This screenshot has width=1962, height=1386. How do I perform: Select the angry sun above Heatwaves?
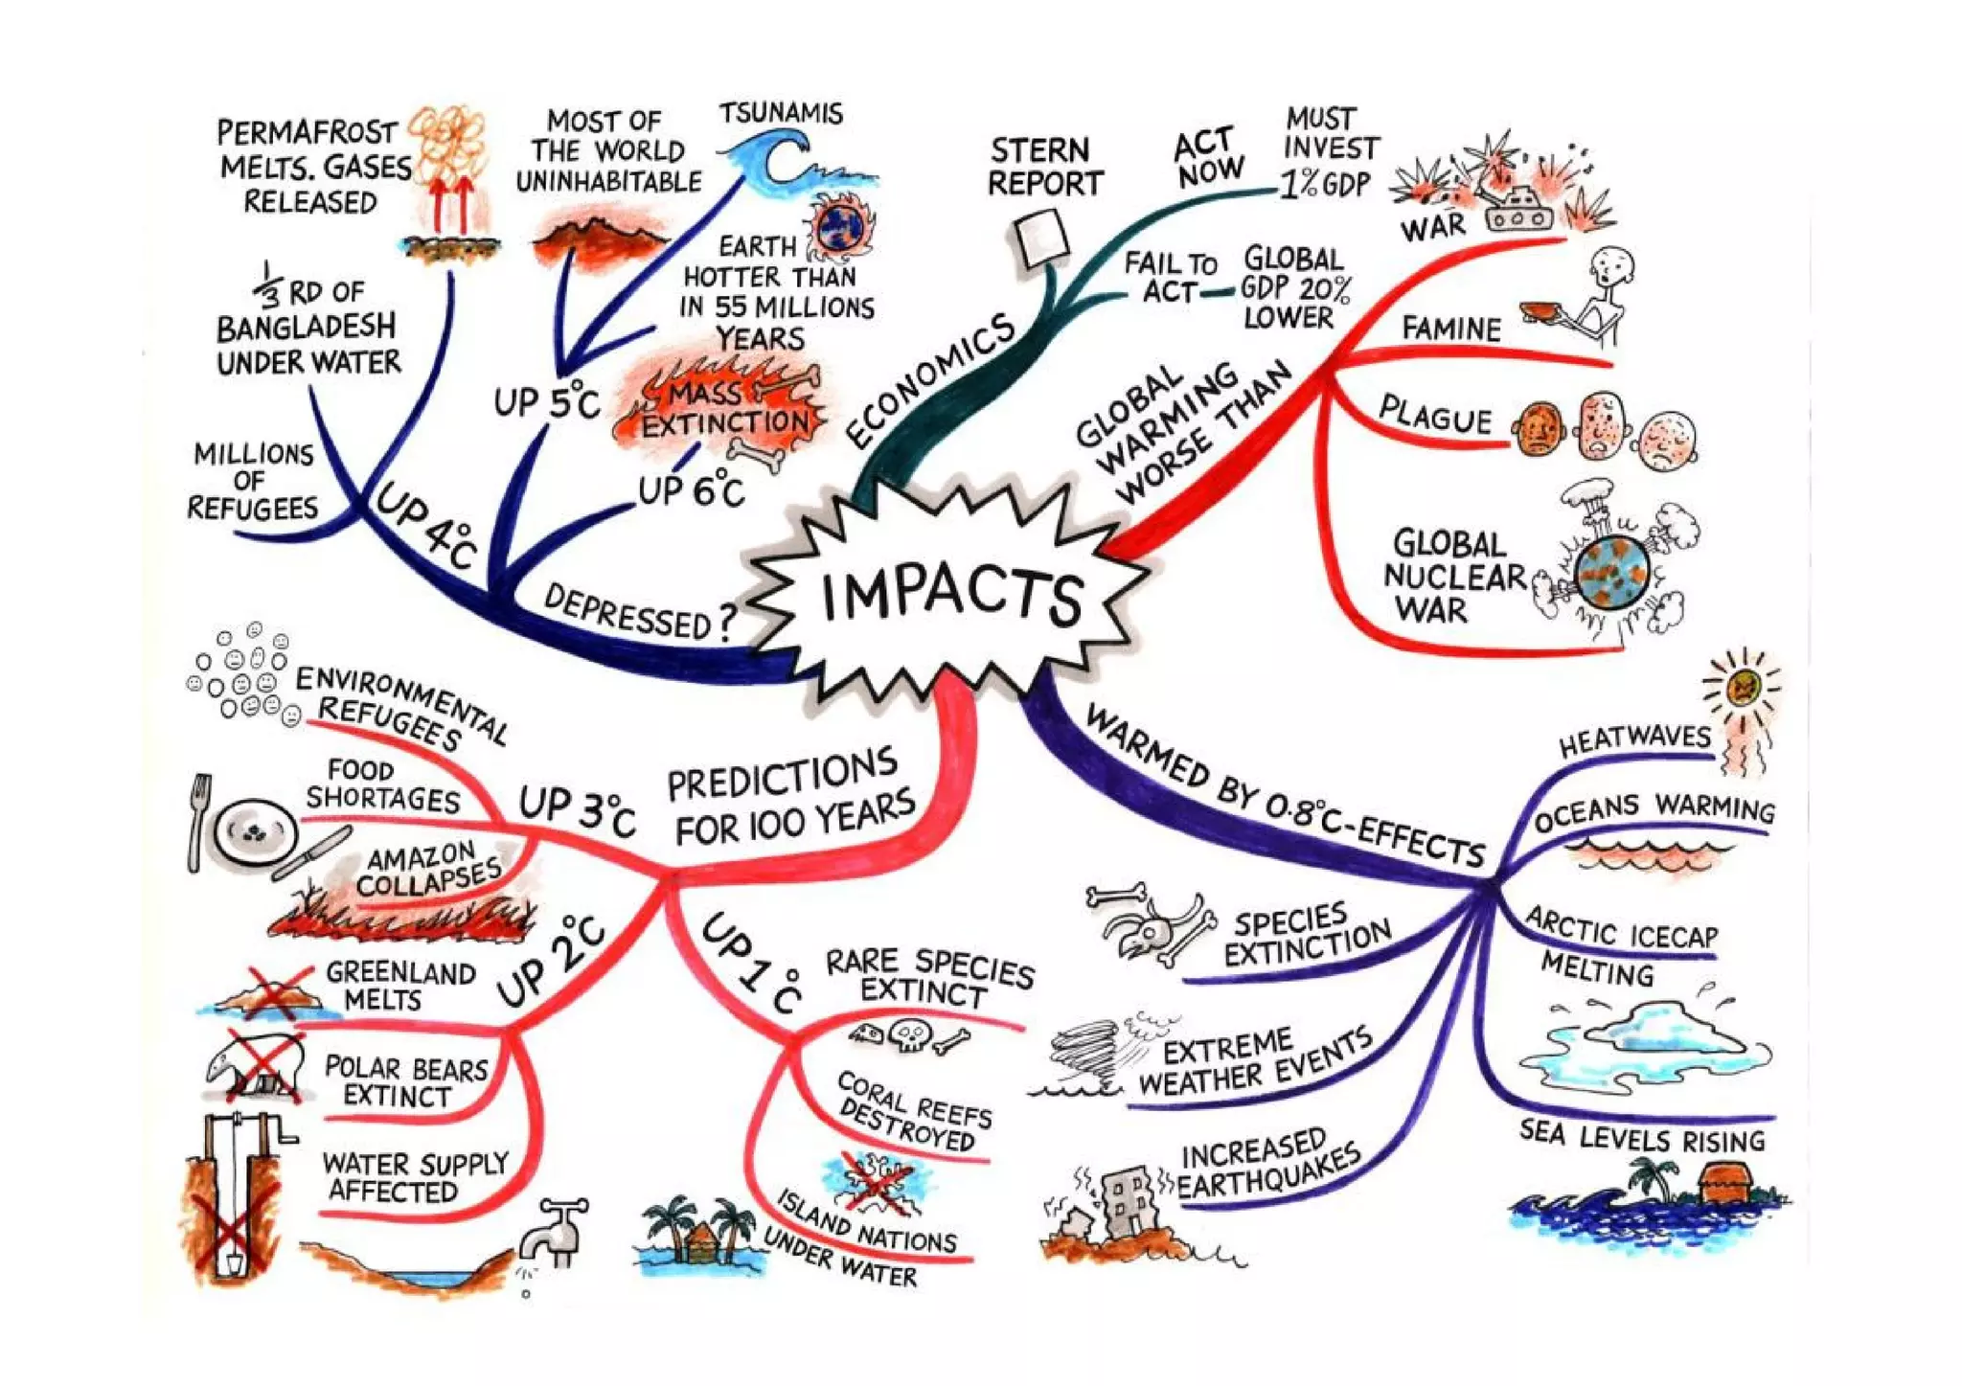pos(1743,686)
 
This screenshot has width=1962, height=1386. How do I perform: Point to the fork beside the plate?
pos(199,822)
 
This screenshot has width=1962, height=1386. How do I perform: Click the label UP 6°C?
pos(691,490)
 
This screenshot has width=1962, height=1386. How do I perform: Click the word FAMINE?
pos(1450,329)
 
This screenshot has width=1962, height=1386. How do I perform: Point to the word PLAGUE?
pos(1434,416)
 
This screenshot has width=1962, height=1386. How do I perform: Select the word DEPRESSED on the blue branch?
pos(627,613)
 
